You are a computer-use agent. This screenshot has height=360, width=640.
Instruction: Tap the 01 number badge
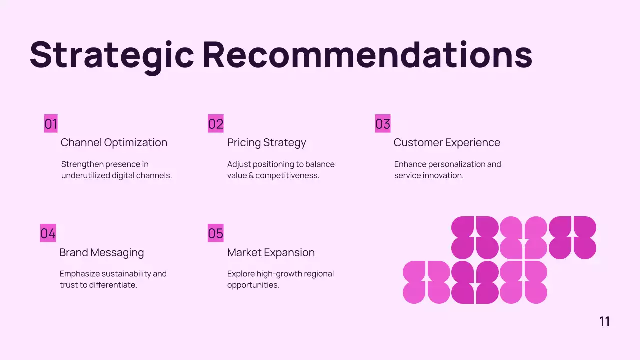point(51,124)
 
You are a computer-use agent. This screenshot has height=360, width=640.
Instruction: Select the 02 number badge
point(216,124)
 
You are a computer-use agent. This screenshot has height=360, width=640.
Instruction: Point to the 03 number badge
point(383,124)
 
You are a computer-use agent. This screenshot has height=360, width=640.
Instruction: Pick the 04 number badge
point(48,233)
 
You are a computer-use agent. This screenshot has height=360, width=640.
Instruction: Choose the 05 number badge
point(216,233)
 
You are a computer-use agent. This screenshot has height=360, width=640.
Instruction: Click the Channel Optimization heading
point(114,143)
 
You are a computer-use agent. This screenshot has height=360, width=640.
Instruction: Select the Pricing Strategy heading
point(266,143)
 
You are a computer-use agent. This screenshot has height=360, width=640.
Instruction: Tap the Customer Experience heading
point(447,143)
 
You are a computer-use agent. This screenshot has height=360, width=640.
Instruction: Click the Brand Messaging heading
point(101,253)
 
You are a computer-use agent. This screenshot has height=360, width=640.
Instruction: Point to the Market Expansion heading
point(271,253)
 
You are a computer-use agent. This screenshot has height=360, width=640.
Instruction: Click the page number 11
point(604,322)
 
